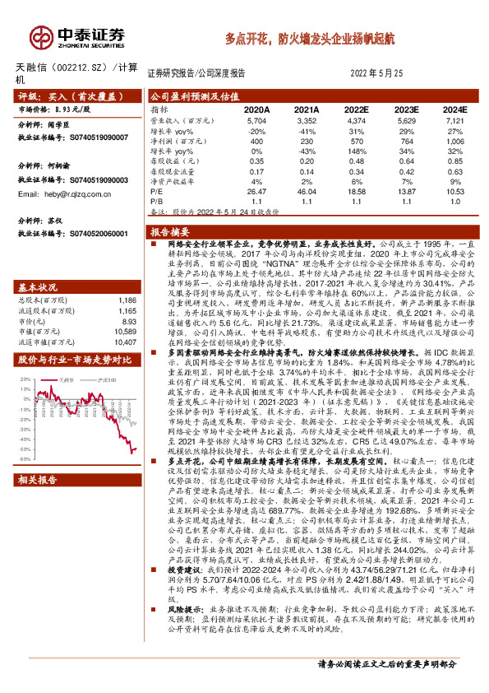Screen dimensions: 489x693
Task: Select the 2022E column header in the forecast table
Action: [357, 109]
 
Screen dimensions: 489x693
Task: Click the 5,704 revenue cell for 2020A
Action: [257, 120]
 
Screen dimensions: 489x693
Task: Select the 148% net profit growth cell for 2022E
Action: [356, 152]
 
